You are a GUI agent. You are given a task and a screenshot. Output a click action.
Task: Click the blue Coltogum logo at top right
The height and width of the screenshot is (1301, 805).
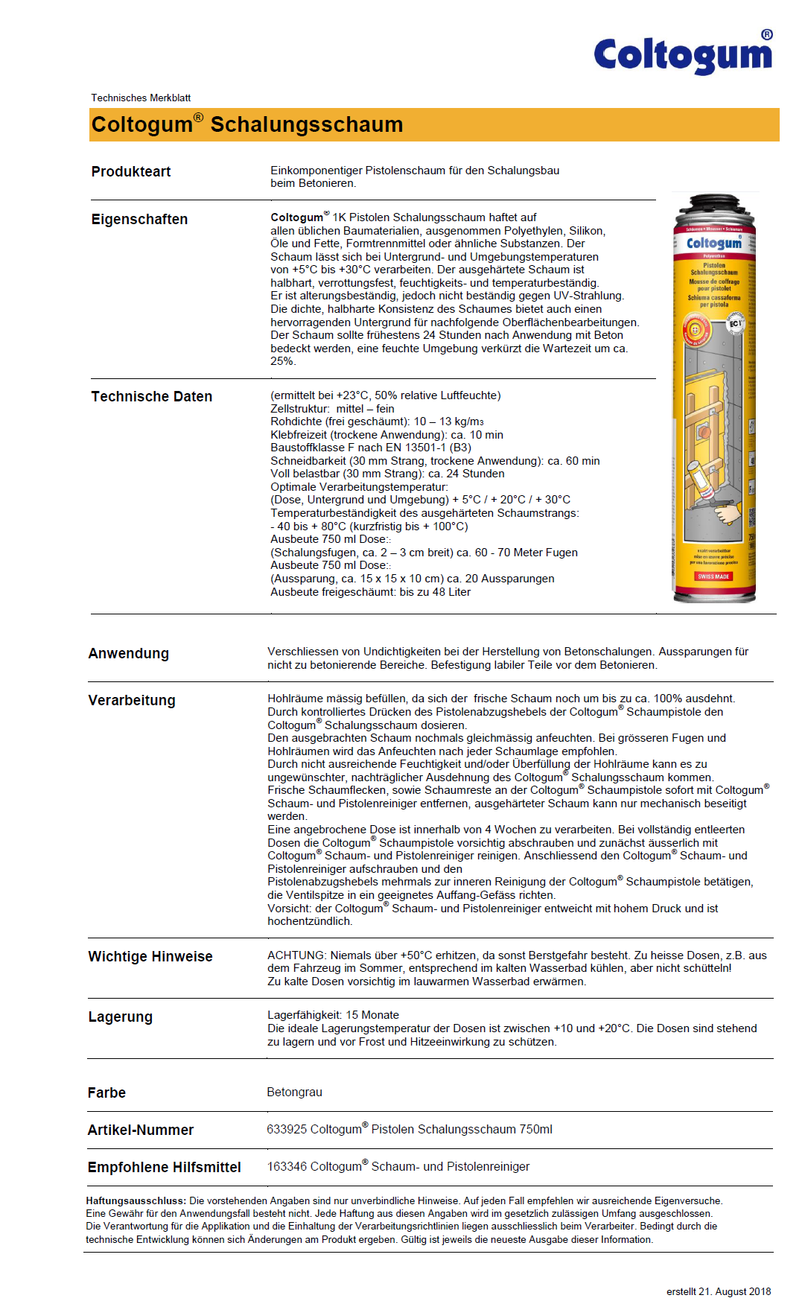point(683,54)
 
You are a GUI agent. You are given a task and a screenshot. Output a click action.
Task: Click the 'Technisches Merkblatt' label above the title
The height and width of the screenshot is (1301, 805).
point(141,98)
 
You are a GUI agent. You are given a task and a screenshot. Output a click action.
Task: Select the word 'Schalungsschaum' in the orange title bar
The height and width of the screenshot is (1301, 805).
point(306,124)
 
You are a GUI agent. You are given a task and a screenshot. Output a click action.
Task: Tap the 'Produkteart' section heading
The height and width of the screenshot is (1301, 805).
point(131,172)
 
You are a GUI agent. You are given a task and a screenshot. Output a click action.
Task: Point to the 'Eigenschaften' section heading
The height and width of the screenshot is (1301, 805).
point(139,220)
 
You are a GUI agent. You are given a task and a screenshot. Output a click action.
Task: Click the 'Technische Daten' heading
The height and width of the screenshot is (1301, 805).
point(151,397)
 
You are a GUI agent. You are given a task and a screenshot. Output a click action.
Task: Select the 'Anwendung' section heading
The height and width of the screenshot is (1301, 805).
point(128,654)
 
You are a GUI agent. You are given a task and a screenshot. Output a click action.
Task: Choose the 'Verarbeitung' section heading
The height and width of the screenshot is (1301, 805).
point(132,701)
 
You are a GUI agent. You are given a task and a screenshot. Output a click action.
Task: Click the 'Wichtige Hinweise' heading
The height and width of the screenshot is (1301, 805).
point(150,957)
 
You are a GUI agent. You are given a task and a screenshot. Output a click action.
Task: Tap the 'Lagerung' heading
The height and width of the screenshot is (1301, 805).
point(120,1017)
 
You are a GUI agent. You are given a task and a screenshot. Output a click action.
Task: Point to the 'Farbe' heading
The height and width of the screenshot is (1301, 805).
point(106,1093)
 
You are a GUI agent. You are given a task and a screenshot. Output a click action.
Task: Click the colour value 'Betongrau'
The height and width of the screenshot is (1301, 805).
point(294,1092)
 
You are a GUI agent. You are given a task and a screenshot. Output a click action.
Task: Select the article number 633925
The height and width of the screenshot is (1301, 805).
point(287,1130)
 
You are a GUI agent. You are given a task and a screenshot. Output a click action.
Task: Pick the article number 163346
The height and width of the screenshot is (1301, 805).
point(287,1167)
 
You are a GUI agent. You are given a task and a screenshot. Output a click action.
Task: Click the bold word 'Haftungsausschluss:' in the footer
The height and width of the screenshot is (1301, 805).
point(136,1201)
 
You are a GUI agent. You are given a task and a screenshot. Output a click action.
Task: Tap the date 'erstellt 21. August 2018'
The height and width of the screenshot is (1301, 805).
point(718,1292)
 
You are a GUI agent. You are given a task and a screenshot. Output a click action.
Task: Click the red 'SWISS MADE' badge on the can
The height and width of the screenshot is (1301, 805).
point(713,576)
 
